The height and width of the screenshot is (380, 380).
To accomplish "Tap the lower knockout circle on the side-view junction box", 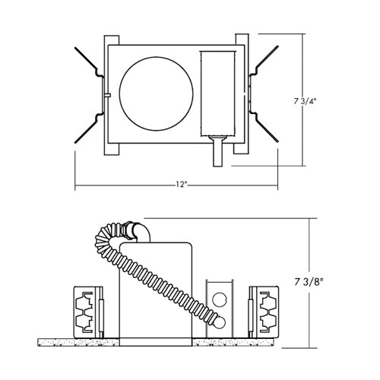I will tap(220, 324).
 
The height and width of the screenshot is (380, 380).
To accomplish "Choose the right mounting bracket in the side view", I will tap(267, 311).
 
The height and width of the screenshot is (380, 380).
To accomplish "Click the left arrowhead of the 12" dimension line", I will tap(78, 187).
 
